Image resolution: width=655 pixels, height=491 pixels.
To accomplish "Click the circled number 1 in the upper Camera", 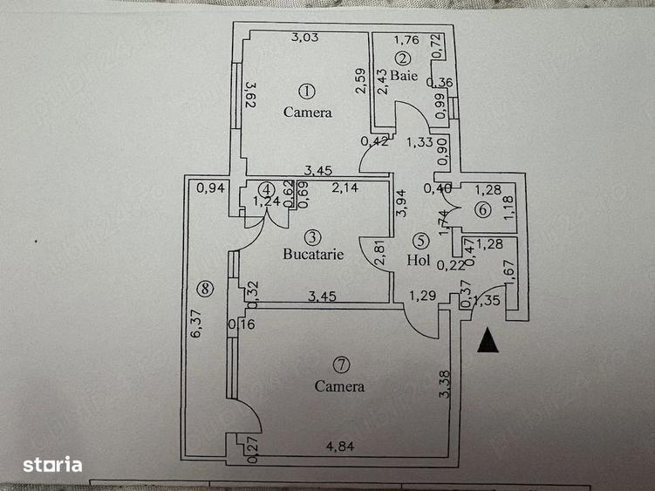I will (306, 91).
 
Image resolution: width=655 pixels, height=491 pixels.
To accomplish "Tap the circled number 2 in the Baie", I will (402, 58).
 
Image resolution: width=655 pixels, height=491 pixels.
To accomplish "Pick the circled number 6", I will (481, 210).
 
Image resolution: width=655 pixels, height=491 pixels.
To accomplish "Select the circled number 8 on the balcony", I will (205, 288).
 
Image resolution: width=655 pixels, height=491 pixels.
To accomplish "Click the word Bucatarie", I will (313, 256).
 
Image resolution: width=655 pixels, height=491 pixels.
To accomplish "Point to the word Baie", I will (404, 76).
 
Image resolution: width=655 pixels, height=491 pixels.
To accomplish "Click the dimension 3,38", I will (445, 385).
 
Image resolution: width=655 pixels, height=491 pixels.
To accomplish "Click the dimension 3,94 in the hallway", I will (400, 202).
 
